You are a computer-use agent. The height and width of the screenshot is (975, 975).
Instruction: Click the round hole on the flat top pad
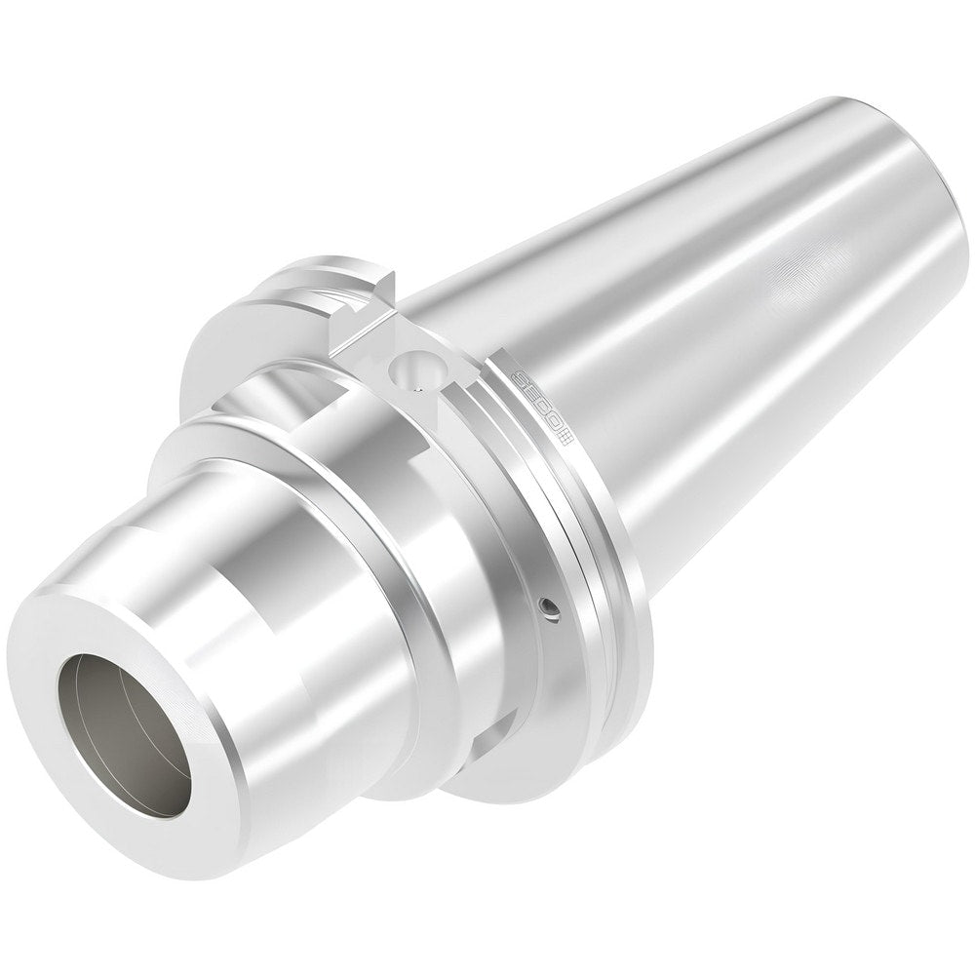407,369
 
